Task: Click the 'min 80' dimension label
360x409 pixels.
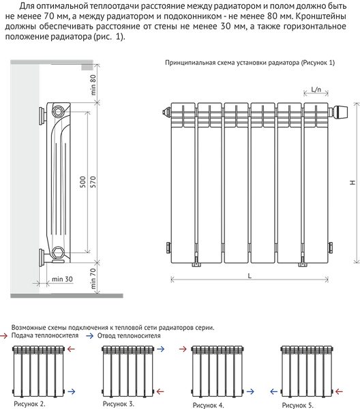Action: point(93,85)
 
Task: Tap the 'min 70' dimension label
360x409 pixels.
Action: point(93,279)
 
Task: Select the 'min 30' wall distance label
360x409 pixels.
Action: point(62,279)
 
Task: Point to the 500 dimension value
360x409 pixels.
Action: point(82,182)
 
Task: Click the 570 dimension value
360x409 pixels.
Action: point(93,182)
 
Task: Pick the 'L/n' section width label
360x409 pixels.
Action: point(316,89)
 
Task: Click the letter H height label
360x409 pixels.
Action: point(352,183)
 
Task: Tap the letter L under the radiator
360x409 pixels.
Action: point(250,275)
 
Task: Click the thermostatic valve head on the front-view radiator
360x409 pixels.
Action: point(341,112)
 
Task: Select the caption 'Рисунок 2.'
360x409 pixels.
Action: point(30,404)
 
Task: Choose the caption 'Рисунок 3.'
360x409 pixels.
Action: point(119,404)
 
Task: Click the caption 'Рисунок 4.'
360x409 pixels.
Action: point(209,405)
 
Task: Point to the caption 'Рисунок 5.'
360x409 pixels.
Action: point(298,405)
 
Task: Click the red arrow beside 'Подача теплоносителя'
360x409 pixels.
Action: point(3,336)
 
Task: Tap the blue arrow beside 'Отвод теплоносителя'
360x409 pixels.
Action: point(90,336)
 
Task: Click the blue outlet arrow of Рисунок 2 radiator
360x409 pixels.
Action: point(72,391)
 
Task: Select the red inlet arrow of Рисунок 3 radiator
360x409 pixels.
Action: point(160,391)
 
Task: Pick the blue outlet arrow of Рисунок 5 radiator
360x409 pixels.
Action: point(273,391)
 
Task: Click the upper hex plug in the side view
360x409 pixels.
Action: point(58,112)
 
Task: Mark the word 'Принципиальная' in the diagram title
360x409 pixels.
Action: point(187,63)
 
